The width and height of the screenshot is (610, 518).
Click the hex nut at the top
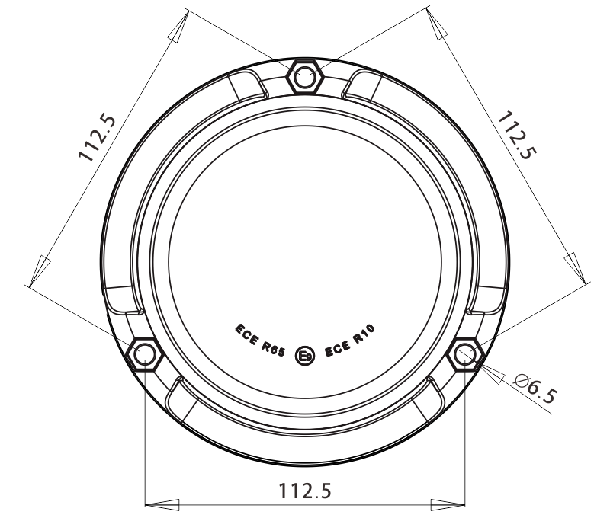pos(304,76)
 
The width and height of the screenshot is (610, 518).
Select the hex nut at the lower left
pos(144,354)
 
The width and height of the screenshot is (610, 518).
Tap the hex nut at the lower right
pos(465,354)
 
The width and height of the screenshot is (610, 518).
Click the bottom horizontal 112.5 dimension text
pos(305,490)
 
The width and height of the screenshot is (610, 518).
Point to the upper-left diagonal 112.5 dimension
pos(98,137)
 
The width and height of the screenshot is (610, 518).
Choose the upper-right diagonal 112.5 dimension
pos(517,135)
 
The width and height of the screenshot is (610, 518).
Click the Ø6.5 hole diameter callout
pos(536,388)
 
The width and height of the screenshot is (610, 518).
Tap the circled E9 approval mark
pos(304,355)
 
